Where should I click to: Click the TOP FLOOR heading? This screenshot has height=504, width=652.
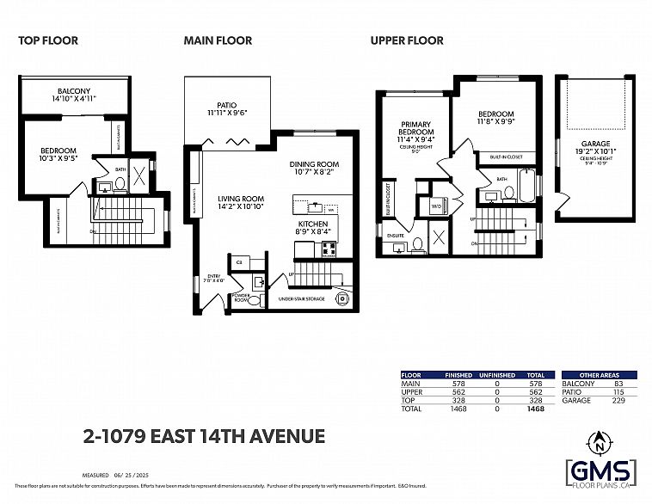[x=48, y=40]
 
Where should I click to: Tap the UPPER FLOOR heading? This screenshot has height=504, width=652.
[x=407, y=40]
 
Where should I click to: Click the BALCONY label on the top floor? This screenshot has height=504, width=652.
[x=74, y=90]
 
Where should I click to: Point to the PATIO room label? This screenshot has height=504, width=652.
[x=227, y=105]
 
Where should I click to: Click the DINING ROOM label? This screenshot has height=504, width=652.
[x=314, y=164]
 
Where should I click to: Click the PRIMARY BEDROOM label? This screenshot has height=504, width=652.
[x=414, y=128]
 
